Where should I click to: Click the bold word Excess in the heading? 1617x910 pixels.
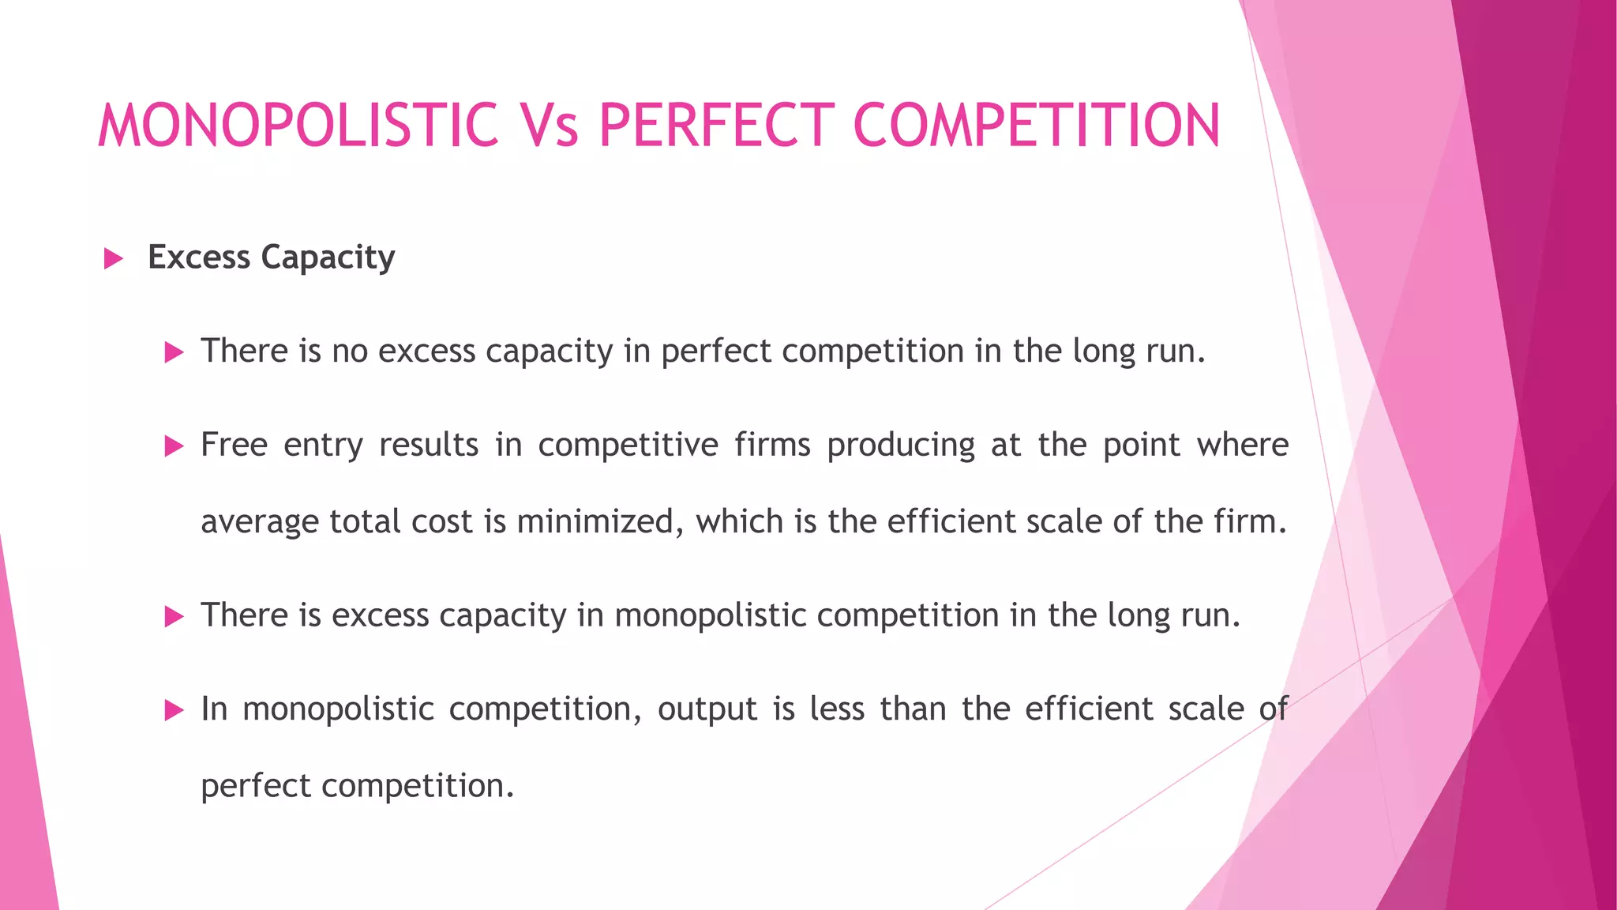point(199,258)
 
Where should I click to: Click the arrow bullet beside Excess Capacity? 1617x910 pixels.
point(114,258)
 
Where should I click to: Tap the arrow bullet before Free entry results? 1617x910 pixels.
point(174,446)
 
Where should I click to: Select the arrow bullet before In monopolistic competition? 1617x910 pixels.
point(174,710)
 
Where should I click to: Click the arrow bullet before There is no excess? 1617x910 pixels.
point(174,352)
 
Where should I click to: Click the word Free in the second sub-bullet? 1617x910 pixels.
point(234,445)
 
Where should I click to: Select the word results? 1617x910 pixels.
point(429,445)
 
